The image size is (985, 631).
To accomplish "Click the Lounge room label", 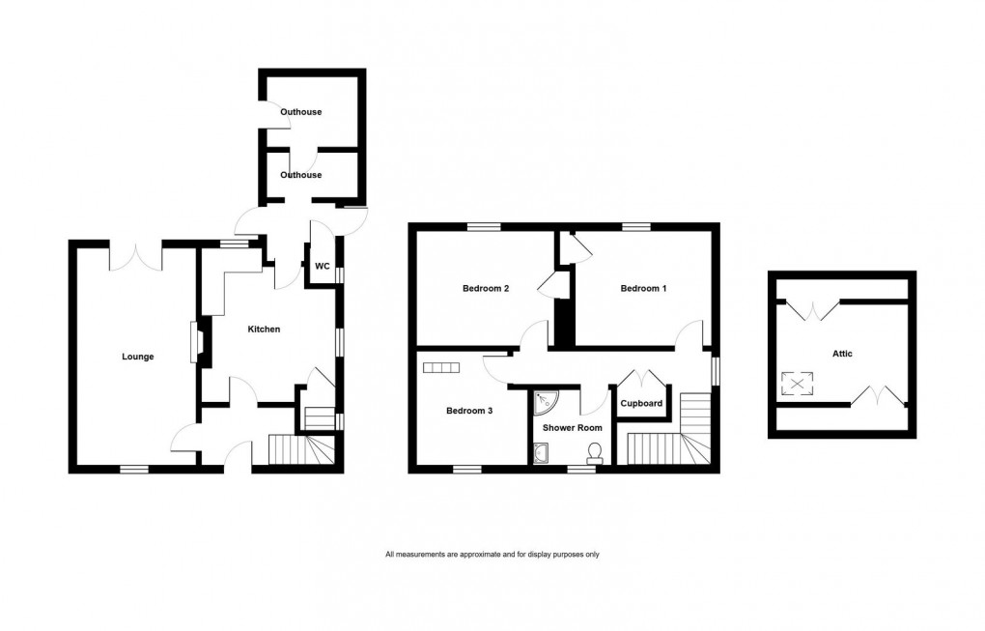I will tap(137, 357).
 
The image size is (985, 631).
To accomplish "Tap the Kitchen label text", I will tap(264, 330).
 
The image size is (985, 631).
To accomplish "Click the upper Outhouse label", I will tap(300, 112).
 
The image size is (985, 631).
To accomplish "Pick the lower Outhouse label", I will tap(300, 175).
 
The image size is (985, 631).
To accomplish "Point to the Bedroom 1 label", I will tap(643, 289).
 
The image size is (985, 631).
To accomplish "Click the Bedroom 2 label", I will tap(485, 289).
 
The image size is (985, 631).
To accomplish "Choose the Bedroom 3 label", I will tap(469, 411).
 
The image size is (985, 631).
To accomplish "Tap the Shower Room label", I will tap(572, 427).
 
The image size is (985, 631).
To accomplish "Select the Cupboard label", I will tap(641, 403).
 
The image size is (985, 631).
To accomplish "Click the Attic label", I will tap(842, 354).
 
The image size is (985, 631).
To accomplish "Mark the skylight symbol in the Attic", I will tap(797, 385).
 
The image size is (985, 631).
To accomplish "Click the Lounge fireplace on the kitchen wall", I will tap(198, 344).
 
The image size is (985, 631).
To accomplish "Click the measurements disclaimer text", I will tap(492, 555).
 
